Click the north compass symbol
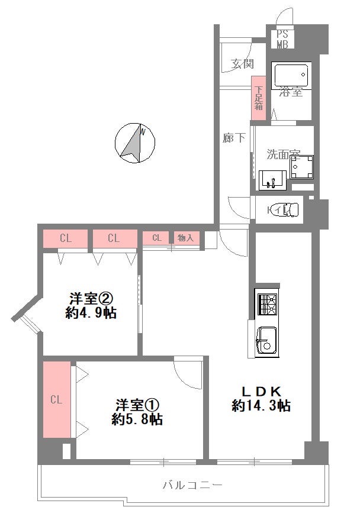(x=135, y=143)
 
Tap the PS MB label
(x=282, y=39)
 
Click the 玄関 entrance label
(x=243, y=63)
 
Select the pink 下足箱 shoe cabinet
(x=259, y=98)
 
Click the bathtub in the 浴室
(x=291, y=76)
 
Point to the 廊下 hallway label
(x=234, y=137)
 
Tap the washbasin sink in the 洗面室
(x=273, y=180)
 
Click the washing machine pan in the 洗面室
(x=302, y=167)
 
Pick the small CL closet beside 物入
(x=156, y=238)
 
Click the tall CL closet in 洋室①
(x=57, y=399)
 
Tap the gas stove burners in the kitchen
(x=267, y=304)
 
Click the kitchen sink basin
(x=268, y=341)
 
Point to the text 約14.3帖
(x=261, y=406)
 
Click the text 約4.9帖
(x=91, y=313)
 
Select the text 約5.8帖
(x=137, y=419)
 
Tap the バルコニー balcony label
(x=192, y=485)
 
